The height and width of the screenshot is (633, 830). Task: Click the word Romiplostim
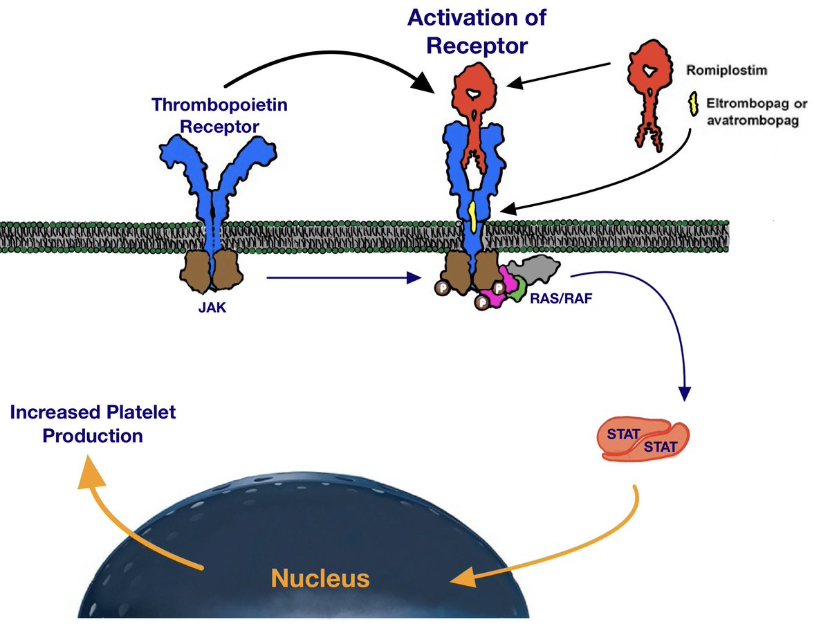pyautogui.click(x=719, y=71)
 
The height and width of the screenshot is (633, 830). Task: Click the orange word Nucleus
pyautogui.click(x=319, y=578)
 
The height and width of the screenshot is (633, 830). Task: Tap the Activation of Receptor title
pyautogui.click(x=477, y=31)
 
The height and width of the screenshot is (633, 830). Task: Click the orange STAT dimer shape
pyautogui.click(x=643, y=440)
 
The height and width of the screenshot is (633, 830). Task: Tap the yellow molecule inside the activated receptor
pyautogui.click(x=472, y=215)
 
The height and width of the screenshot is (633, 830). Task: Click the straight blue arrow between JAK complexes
pyautogui.click(x=342, y=279)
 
